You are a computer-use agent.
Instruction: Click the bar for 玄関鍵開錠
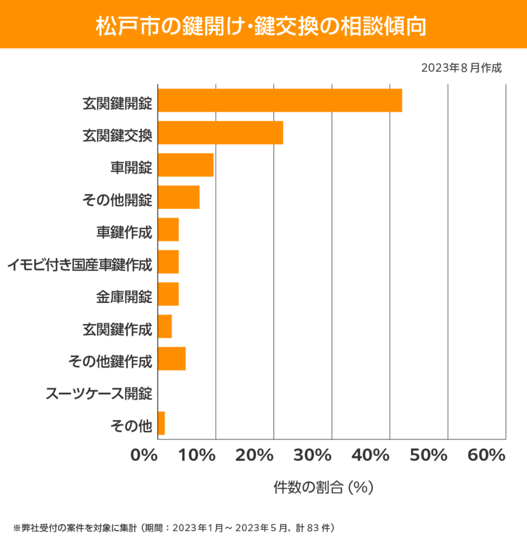tap(279, 100)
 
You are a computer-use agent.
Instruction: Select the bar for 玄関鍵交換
tap(221, 133)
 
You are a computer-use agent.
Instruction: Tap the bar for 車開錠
tap(185, 165)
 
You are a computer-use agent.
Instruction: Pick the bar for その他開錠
tap(179, 197)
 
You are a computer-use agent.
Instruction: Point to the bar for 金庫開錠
tap(168, 294)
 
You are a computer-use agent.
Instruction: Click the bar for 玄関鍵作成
tap(165, 326)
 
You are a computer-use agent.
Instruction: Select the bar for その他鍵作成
tap(171, 358)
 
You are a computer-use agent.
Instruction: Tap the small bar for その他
tap(162, 423)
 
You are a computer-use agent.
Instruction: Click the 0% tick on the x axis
tap(144, 455)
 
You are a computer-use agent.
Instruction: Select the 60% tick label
tap(486, 455)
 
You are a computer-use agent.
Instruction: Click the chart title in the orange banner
tap(263, 25)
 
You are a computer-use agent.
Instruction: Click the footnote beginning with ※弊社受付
tap(174, 527)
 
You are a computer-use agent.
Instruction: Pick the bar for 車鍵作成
tap(168, 229)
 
